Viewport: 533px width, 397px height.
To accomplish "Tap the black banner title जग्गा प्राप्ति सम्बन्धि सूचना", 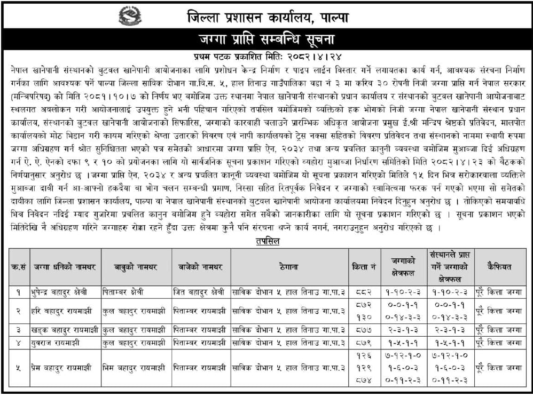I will pos(266,39).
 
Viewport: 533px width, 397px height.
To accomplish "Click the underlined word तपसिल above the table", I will pos(268,241).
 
